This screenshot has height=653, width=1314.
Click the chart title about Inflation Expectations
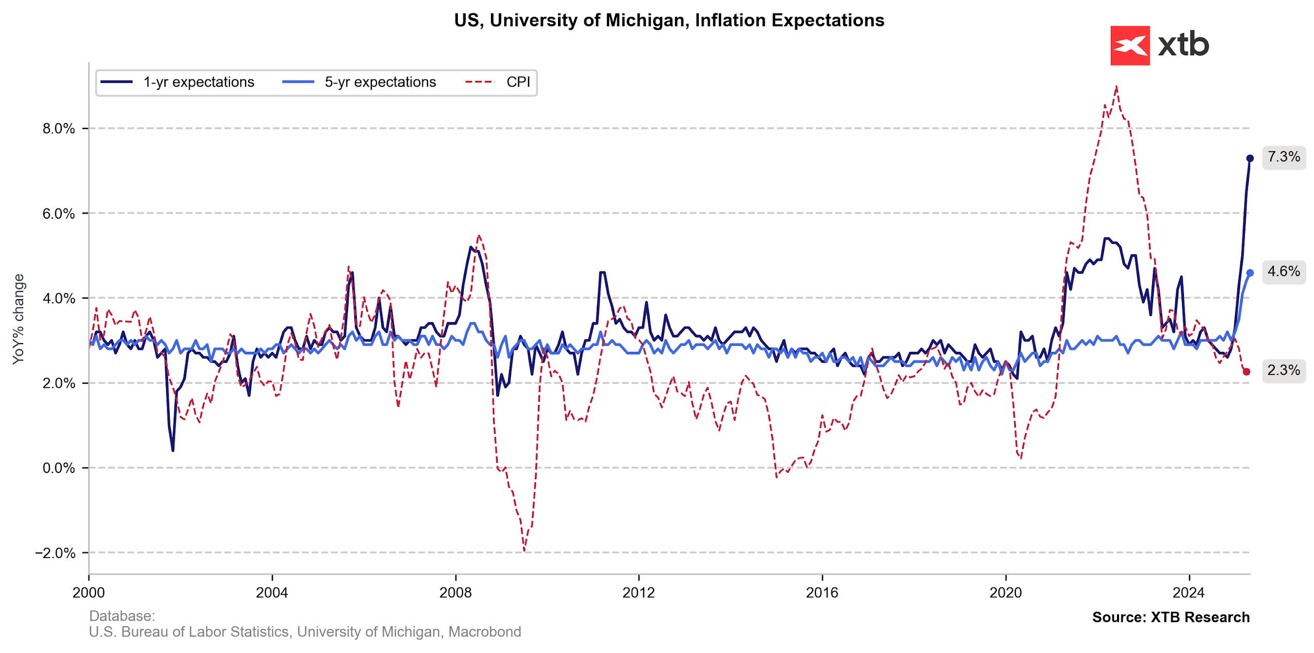[669, 21]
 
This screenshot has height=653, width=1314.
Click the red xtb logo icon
[1129, 45]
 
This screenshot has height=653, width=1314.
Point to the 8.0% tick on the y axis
[59, 128]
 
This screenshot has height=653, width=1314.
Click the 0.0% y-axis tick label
[59, 468]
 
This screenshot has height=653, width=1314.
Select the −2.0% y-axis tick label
[56, 553]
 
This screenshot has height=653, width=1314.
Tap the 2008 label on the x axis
[455, 593]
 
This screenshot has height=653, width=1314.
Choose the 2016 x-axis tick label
[822, 593]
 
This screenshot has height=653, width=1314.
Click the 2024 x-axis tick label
[1189, 593]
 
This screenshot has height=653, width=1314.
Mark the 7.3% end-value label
[1284, 157]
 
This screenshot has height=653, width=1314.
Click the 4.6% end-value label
[1284, 271]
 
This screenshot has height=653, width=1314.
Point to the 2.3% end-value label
[1284, 370]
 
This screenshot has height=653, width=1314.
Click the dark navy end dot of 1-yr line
[1250, 158]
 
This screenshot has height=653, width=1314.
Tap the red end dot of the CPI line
[1247, 371]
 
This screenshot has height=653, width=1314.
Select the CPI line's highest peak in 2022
[1116, 87]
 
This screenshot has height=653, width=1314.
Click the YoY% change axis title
[19, 319]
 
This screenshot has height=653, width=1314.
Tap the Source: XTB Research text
[1171, 617]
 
